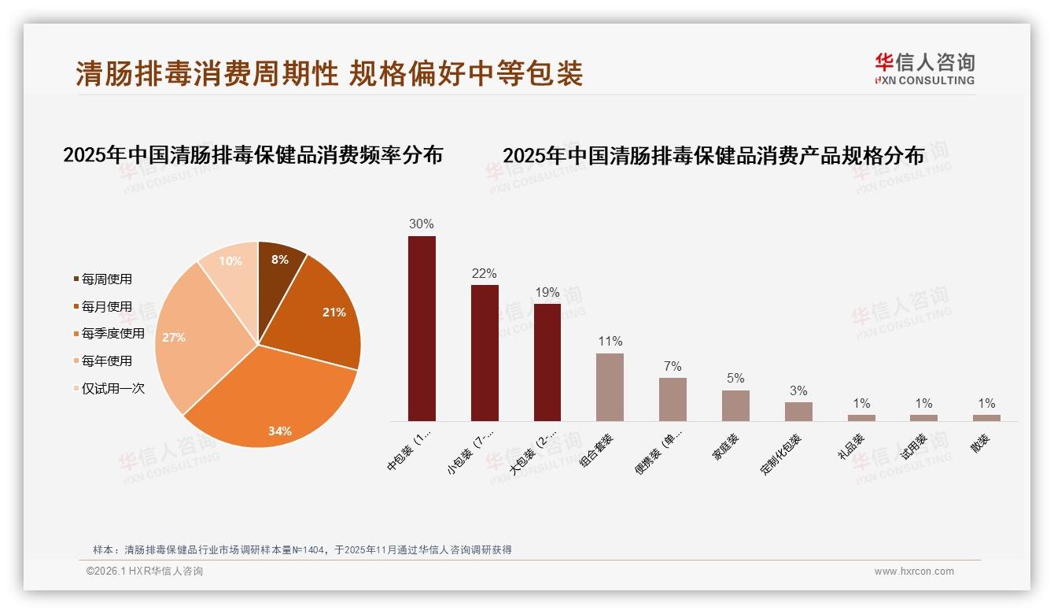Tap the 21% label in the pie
click(x=334, y=313)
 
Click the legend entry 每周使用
click(x=106, y=279)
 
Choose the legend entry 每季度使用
click(x=112, y=334)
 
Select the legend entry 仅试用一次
click(x=112, y=388)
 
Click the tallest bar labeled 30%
click(x=422, y=328)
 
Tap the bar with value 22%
click(x=485, y=353)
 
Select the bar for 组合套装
click(x=610, y=387)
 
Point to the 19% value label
click(x=547, y=293)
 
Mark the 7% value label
click(x=673, y=367)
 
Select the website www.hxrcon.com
click(x=914, y=571)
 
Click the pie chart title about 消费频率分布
click(x=252, y=155)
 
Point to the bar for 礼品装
click(x=861, y=418)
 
